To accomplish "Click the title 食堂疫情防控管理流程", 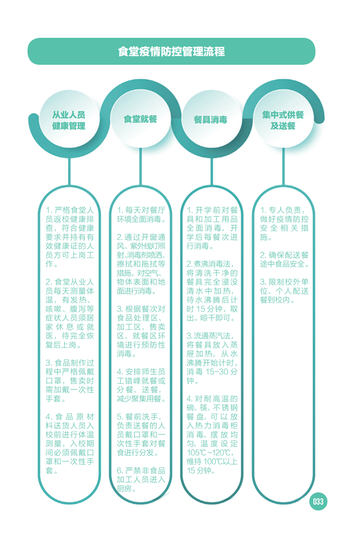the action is tap(171, 52).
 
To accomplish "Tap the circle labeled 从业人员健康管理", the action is tap(69, 120).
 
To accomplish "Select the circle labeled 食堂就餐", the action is tap(141, 119).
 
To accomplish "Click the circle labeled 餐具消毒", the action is tap(211, 120).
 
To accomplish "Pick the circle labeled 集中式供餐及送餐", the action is tap(283, 120).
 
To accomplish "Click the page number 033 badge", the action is tap(318, 501).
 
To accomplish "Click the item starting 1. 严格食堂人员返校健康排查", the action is tap(70, 237).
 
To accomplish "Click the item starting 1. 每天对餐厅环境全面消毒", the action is tap(141, 215).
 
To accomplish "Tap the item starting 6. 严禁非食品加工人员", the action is tap(141, 480).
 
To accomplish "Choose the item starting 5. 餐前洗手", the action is tap(141, 435).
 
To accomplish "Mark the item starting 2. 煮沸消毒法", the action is tap(212, 291).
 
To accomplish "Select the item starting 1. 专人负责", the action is tap(285, 224).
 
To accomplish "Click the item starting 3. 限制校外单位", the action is tap(285, 291).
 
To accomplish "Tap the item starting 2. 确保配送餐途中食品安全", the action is tap(285, 260).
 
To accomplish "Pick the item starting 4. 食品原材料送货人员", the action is tap(70, 444).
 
